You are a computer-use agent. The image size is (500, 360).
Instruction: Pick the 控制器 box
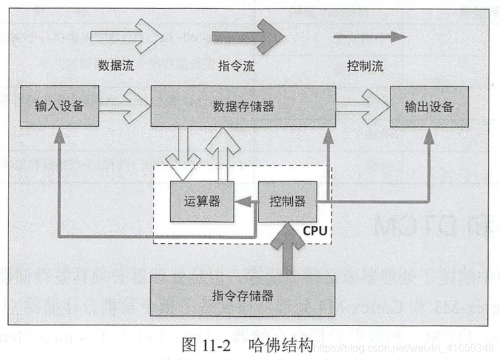point(287,201)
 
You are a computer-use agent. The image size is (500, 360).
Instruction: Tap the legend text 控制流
point(365,66)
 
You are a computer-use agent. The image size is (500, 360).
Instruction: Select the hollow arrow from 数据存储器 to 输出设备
point(363,106)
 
